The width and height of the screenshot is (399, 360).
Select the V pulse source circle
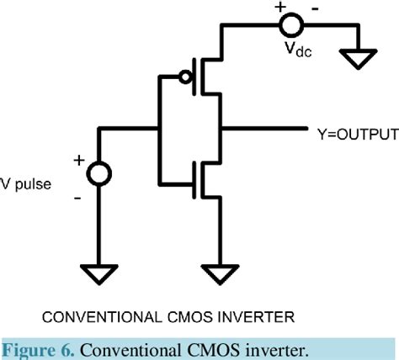tap(97, 174)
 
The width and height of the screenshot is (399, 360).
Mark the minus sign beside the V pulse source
tap(77, 199)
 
